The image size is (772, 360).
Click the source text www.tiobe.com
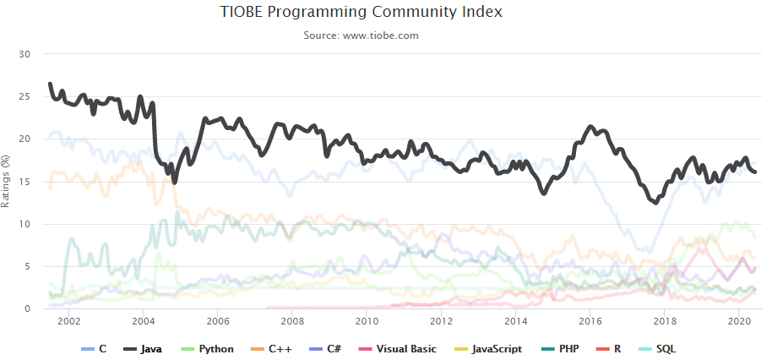click(x=361, y=35)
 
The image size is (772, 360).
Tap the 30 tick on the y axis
click(x=24, y=54)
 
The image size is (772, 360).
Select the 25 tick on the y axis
click(x=24, y=96)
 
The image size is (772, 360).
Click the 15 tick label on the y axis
click(x=24, y=182)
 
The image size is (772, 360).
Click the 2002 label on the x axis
click(x=69, y=321)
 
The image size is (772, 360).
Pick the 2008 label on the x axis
click(x=292, y=321)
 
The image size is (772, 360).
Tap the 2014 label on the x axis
click(x=515, y=321)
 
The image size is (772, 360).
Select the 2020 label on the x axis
click(x=739, y=321)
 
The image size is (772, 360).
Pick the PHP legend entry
click(x=561, y=348)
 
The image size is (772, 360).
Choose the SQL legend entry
click(x=659, y=348)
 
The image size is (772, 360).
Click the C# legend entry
click(x=337, y=348)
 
